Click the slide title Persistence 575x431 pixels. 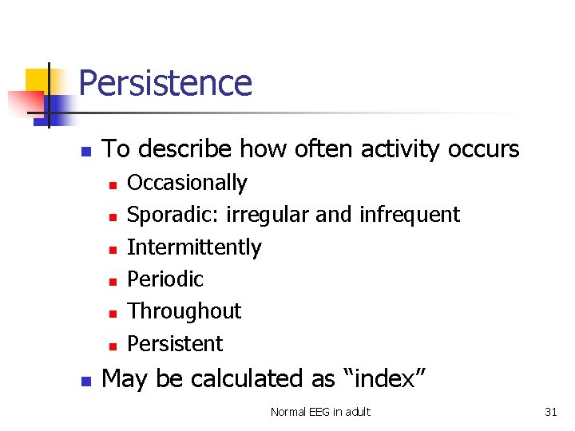[x=165, y=83]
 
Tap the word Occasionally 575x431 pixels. [x=187, y=183]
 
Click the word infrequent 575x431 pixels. [x=410, y=215]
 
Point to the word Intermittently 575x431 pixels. [x=194, y=247]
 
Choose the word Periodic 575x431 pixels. [x=165, y=279]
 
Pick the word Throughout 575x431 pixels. [x=184, y=311]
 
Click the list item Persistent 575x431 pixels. [x=175, y=344]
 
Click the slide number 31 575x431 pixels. [x=550, y=412]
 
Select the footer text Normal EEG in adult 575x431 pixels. [x=320, y=412]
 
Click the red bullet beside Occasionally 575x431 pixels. [x=113, y=184]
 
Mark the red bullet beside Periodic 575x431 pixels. [x=113, y=281]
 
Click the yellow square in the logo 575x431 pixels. [x=37, y=82]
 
